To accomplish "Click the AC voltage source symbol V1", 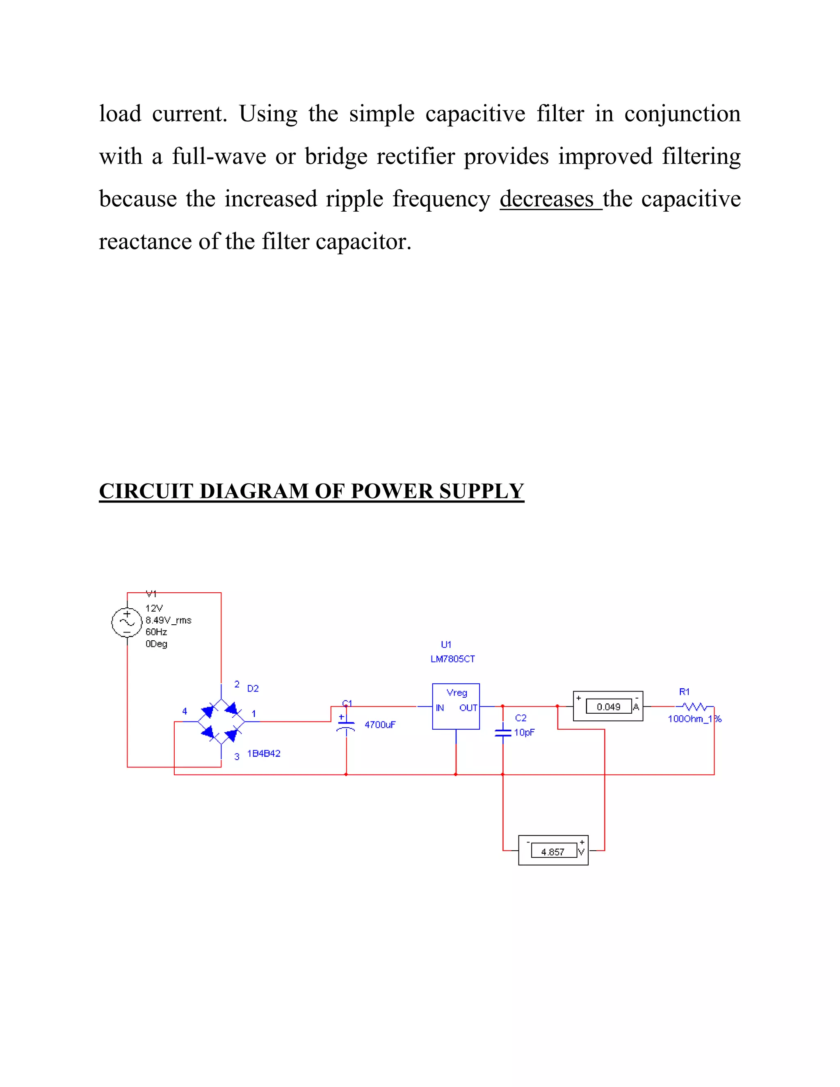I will click(x=127, y=622).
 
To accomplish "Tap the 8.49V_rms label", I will click(x=168, y=620).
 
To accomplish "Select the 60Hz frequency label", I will click(x=156, y=632).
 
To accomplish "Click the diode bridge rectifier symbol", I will click(x=221, y=721).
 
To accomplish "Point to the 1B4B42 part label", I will click(x=264, y=754).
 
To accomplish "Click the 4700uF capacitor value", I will click(x=380, y=725).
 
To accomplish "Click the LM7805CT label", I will click(x=452, y=659).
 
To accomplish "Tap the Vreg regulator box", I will click(x=456, y=707).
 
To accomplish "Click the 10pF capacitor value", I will click(x=524, y=732).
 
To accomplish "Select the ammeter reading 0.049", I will click(x=608, y=707).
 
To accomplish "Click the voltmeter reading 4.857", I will click(x=553, y=852).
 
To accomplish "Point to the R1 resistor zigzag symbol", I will click(x=695, y=706).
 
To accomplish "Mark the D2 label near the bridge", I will click(x=253, y=688).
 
